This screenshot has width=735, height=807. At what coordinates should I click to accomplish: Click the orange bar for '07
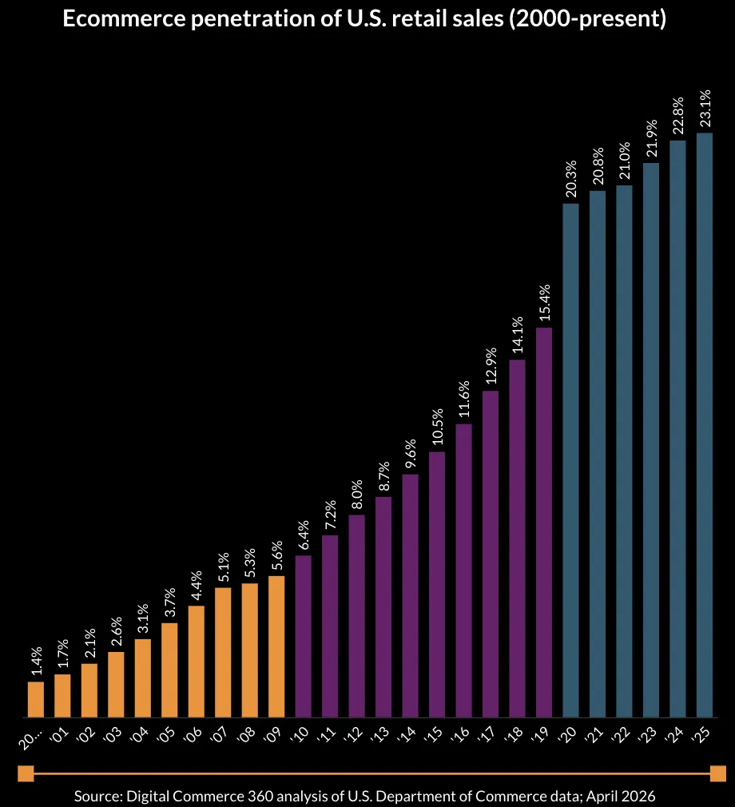click(x=223, y=652)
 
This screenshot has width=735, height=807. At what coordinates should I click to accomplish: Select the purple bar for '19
click(x=544, y=522)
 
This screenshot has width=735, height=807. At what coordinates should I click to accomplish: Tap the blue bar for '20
click(x=571, y=460)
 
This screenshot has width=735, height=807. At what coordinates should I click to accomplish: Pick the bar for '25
click(x=705, y=424)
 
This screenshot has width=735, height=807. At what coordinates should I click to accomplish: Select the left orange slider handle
click(x=26, y=773)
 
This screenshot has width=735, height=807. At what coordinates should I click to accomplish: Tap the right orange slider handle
click(x=717, y=773)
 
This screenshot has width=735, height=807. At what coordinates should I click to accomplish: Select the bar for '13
click(x=383, y=606)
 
